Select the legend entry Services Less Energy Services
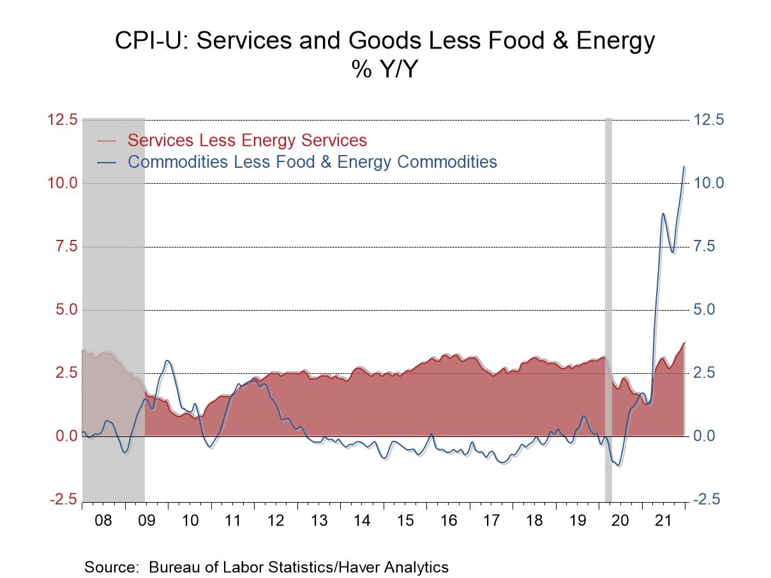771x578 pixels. [x=247, y=140]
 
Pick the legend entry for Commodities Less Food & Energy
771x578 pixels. [x=312, y=161]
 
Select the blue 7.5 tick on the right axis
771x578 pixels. [x=707, y=246]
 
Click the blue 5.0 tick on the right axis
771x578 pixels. [x=707, y=310]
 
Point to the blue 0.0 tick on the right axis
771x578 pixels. [x=707, y=436]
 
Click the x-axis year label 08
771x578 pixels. [x=103, y=521]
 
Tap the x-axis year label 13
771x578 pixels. [x=319, y=521]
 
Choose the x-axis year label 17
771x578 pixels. [x=491, y=521]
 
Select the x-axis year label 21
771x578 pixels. [x=664, y=521]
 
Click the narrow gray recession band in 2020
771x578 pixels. [x=608, y=306]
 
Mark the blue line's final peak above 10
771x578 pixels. [x=684, y=167]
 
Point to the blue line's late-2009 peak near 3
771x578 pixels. [x=167, y=361]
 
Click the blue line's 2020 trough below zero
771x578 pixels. [x=618, y=465]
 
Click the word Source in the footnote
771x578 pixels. [x=112, y=567]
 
